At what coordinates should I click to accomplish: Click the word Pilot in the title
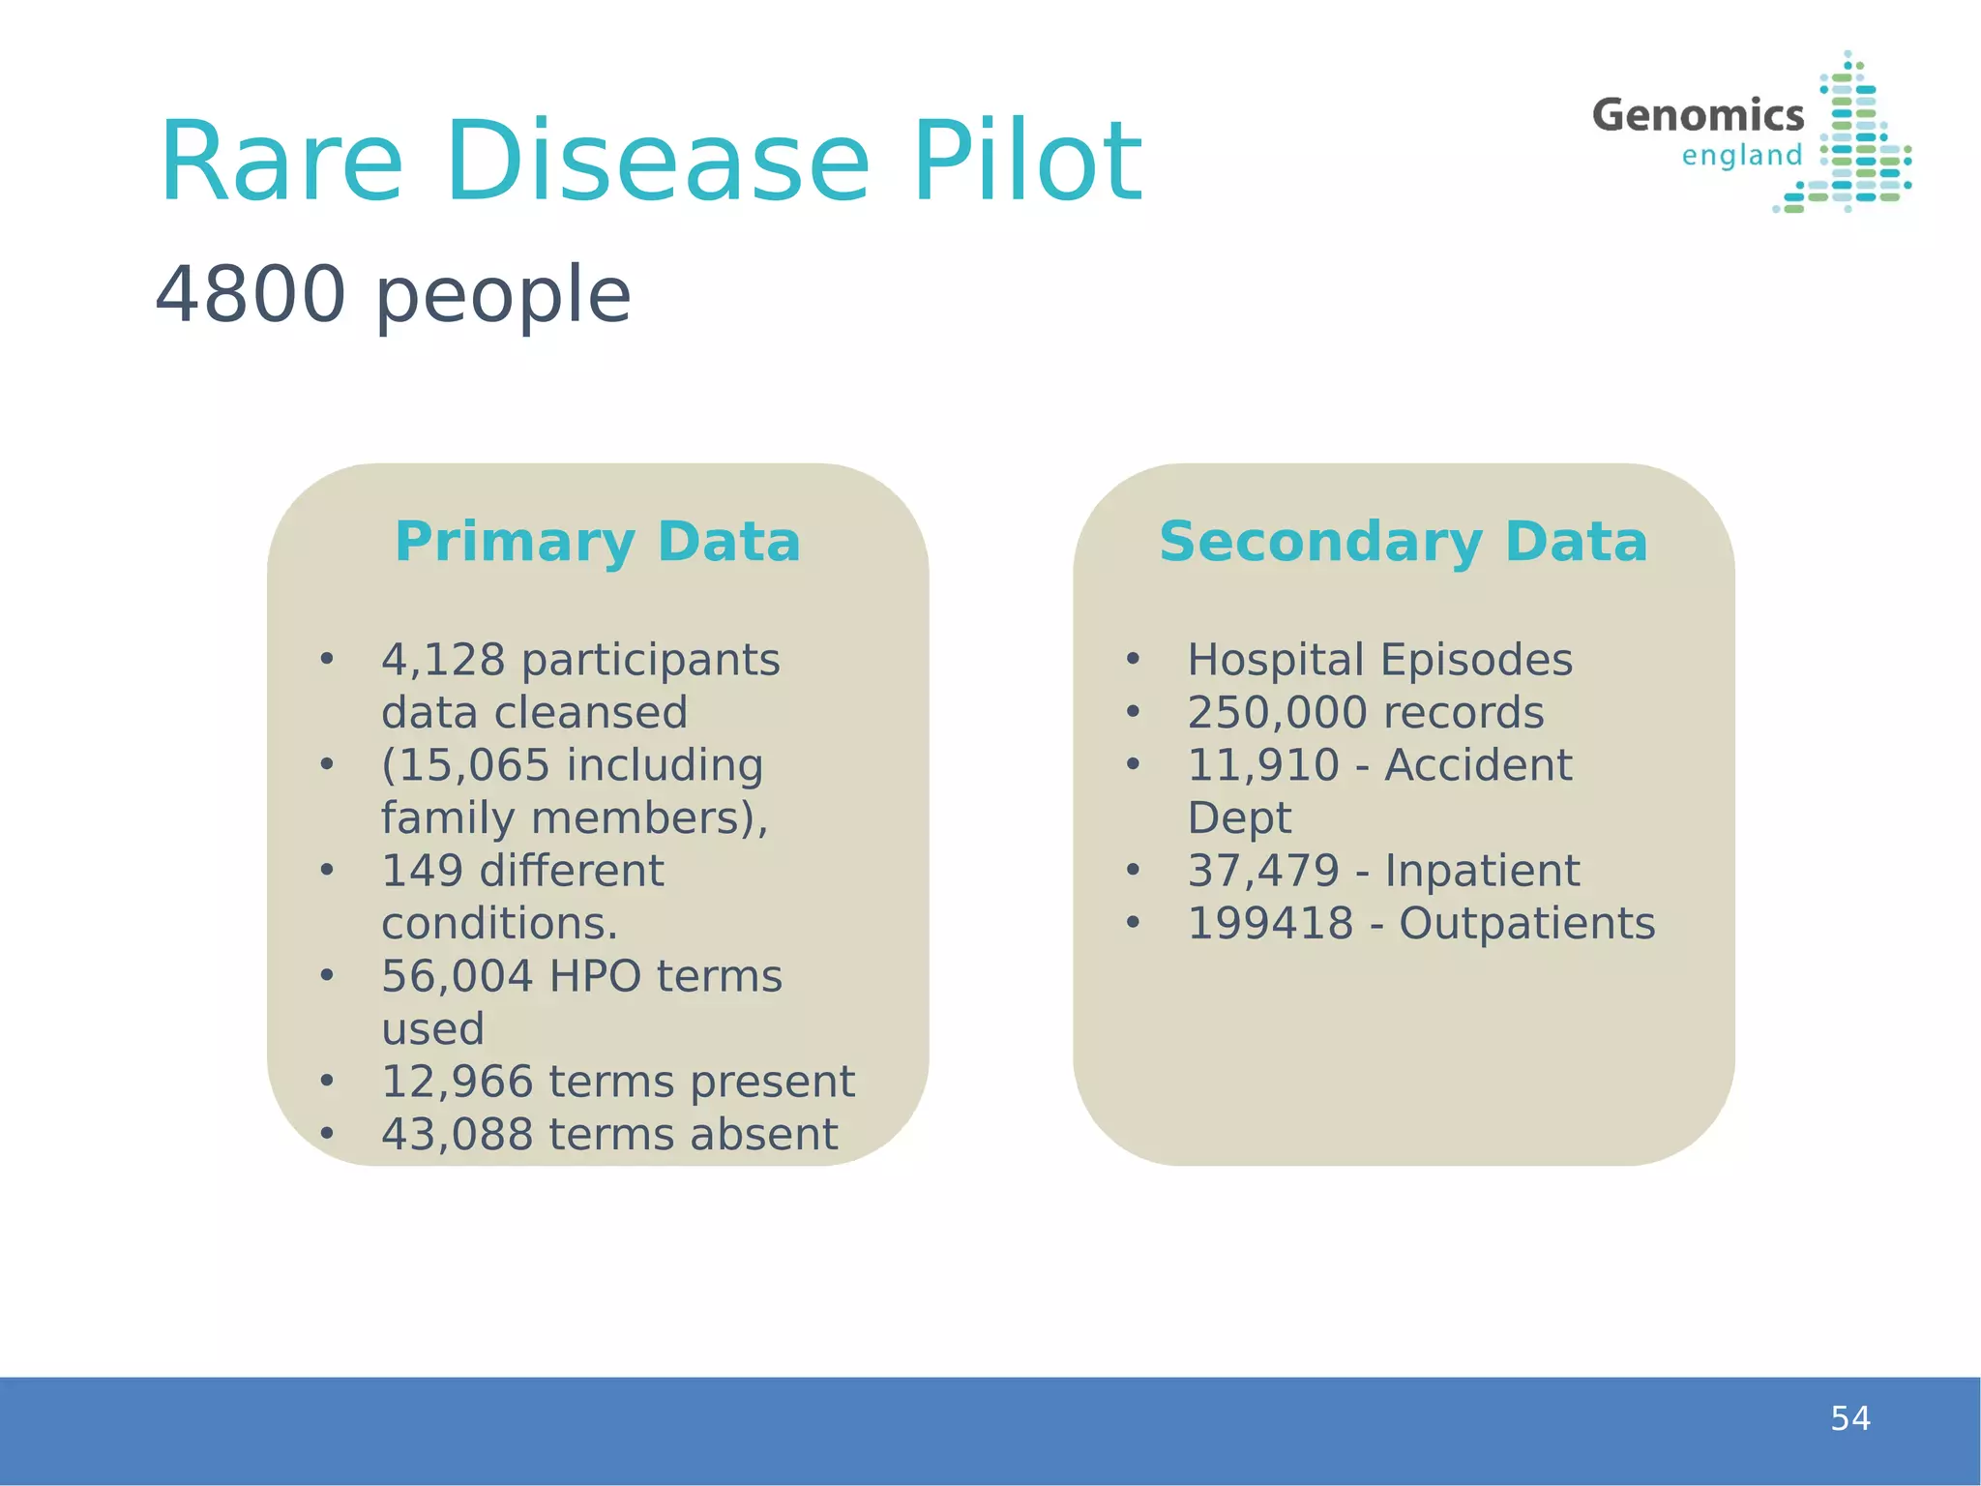point(1027,162)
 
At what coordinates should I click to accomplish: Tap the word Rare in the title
point(281,162)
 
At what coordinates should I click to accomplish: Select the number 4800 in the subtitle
point(251,294)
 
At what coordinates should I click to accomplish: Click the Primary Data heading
point(598,541)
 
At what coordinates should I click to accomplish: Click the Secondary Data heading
point(1403,541)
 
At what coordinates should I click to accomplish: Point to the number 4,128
point(443,660)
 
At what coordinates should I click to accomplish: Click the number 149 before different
point(423,871)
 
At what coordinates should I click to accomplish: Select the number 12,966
point(457,1082)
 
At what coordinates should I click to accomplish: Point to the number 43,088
point(457,1135)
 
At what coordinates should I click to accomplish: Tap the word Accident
point(1478,765)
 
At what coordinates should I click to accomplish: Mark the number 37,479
point(1263,871)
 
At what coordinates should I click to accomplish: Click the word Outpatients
point(1526,924)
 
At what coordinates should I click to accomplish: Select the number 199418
point(1270,924)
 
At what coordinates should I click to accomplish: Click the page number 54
point(1849,1418)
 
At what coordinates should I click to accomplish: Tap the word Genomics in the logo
point(1698,115)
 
